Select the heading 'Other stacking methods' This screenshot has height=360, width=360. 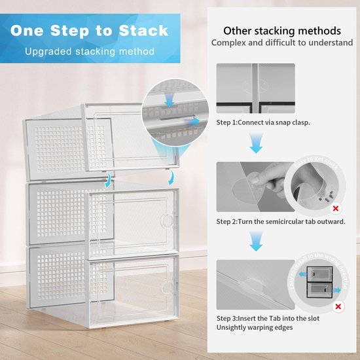281,31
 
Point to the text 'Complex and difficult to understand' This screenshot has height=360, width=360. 281,43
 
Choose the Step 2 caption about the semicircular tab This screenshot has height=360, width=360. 285,222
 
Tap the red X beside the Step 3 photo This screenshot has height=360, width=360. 338,306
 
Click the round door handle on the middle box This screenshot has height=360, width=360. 172,217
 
